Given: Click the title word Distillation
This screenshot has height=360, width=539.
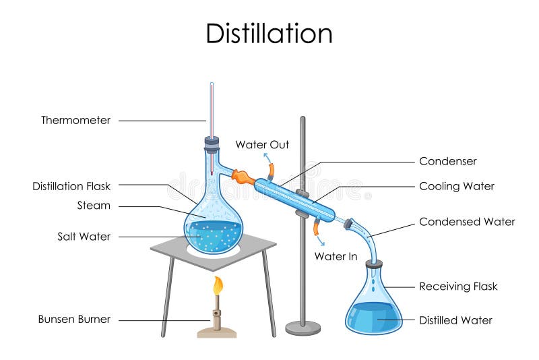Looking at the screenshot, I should [x=269, y=33].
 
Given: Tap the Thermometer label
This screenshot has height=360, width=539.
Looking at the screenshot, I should [x=75, y=121].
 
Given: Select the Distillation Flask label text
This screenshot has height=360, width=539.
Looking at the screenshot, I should [x=71, y=186].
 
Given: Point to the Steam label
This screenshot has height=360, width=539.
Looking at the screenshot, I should [x=94, y=206].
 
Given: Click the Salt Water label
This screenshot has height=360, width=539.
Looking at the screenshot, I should [x=84, y=237].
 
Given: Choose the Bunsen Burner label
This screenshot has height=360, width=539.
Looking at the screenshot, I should [x=74, y=320].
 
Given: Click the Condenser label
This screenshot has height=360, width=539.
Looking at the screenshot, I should [x=447, y=161].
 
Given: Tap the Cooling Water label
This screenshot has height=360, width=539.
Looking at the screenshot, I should [x=456, y=186].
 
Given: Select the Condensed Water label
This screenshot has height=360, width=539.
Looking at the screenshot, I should [x=466, y=222].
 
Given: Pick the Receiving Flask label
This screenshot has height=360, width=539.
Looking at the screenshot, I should [x=458, y=287].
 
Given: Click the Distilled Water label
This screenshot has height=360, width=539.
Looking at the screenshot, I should [x=455, y=320].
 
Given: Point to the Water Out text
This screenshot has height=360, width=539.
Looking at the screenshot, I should [x=262, y=145].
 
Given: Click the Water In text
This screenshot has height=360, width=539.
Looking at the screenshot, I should [x=336, y=257].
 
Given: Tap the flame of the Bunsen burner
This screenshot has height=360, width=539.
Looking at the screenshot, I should [x=218, y=286].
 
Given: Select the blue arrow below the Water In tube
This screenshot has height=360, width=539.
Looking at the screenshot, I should [x=319, y=240].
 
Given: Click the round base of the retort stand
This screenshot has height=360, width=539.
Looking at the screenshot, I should [x=303, y=328].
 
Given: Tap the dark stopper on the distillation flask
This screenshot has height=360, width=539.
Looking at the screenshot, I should [x=212, y=143].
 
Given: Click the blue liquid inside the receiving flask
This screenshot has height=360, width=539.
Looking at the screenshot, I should [x=374, y=317].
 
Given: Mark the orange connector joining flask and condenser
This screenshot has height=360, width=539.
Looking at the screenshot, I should [x=241, y=177].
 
